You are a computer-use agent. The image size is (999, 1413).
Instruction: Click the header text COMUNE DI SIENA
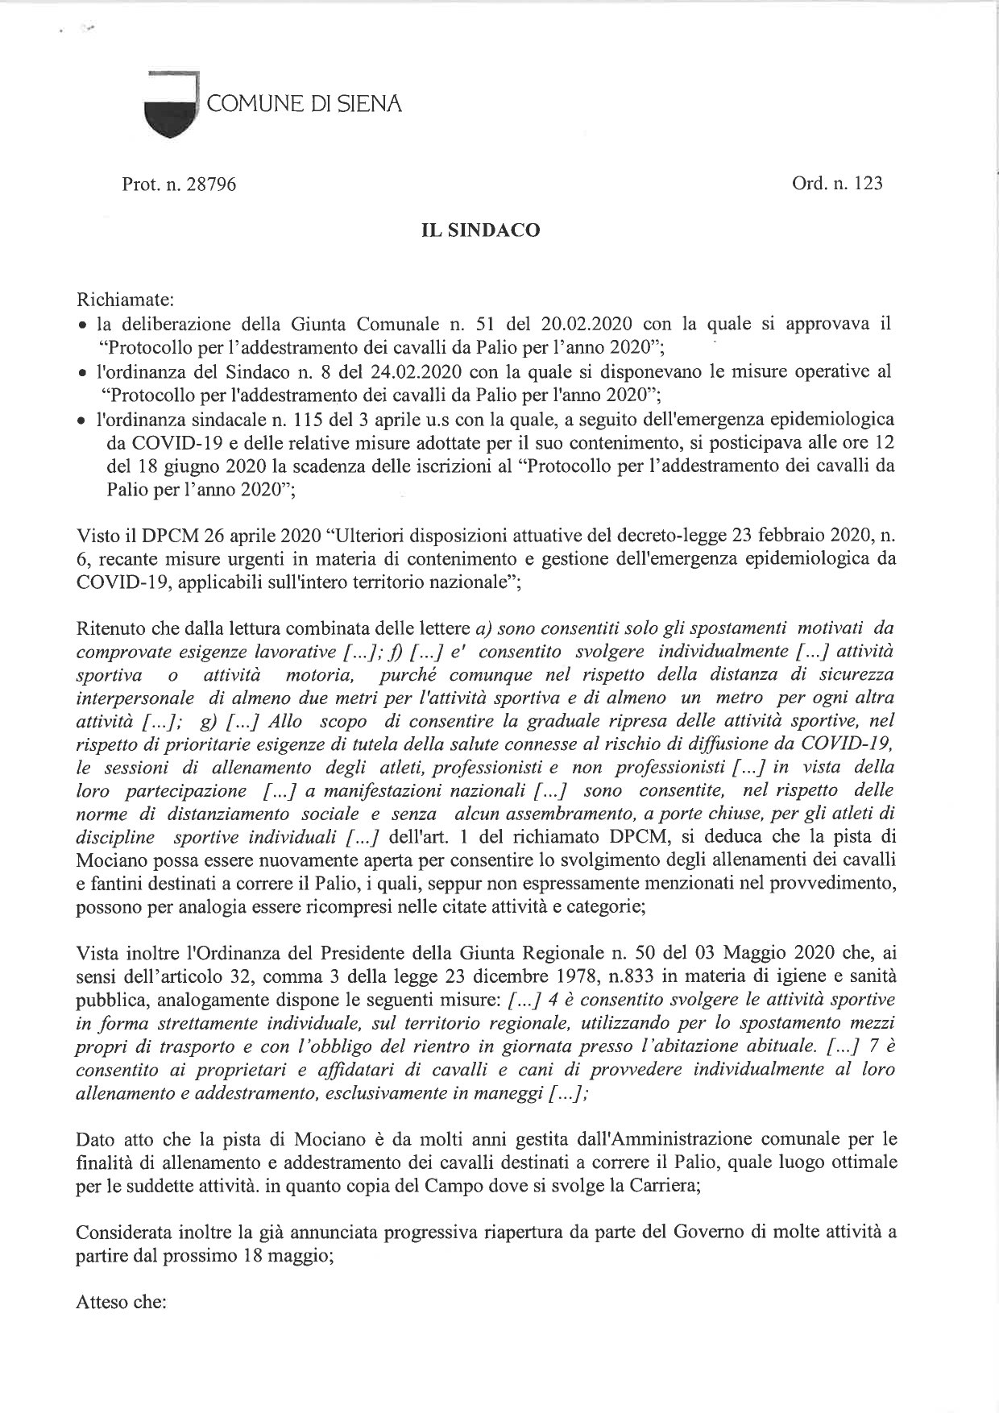tap(305, 104)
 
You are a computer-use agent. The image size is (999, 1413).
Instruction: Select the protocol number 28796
tap(211, 184)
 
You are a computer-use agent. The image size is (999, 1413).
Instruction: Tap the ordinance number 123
tap(868, 184)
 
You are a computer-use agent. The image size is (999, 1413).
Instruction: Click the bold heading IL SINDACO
tap(481, 230)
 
